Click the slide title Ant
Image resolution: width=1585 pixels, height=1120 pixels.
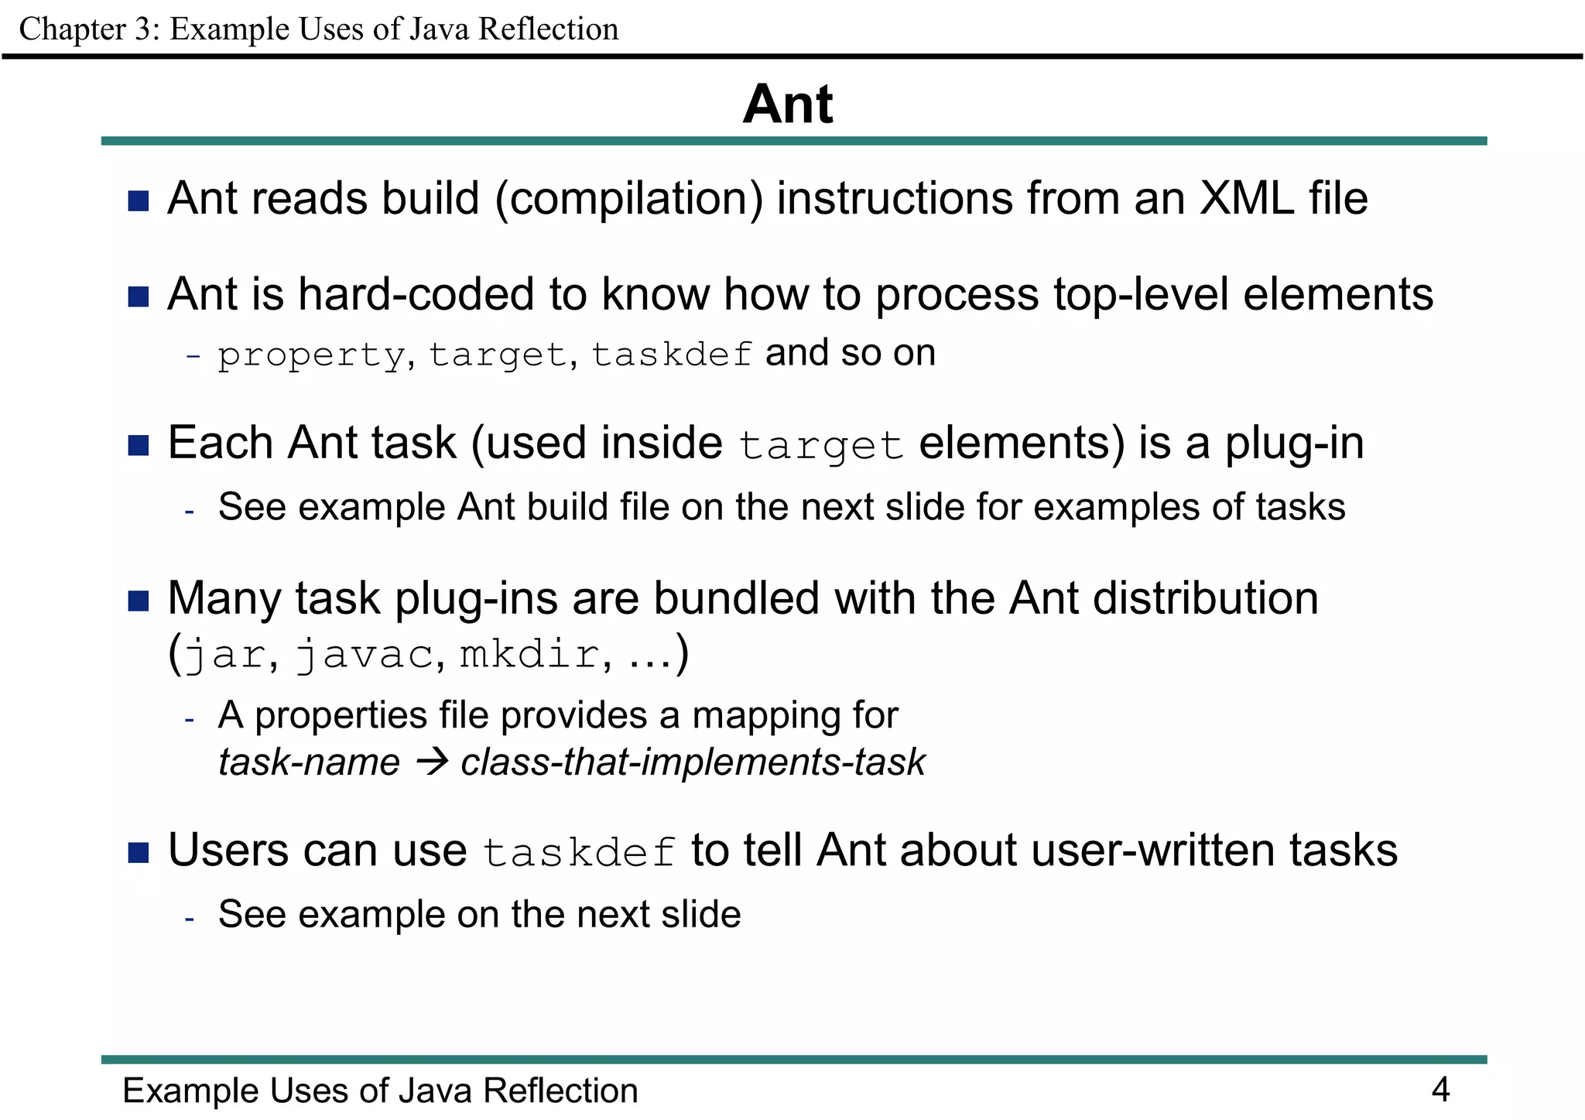788,104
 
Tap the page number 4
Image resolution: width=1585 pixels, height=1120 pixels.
1440,1089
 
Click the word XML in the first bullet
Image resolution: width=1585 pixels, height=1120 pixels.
1246,199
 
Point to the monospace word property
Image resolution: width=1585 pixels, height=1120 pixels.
310,355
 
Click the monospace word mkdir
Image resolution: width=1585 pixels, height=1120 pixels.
529,655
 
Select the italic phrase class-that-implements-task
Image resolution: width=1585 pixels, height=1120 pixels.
693,762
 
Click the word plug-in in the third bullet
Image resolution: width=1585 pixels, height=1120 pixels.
1293,444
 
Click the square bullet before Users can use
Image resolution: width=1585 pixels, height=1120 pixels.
139,853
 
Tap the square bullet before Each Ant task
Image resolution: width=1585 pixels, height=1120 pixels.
139,446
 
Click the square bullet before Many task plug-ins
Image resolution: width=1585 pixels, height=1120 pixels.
139,601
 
